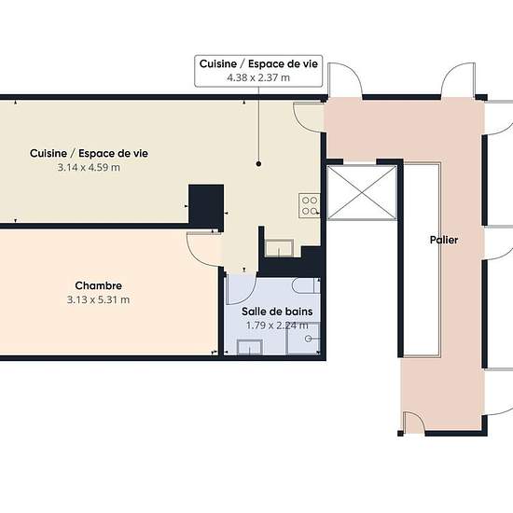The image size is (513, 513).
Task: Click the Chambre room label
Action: pos(99,285)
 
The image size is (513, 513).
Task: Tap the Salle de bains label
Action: pos(277,312)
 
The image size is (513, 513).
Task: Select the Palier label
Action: pos(444,240)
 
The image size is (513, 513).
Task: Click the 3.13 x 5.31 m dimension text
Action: pos(98,299)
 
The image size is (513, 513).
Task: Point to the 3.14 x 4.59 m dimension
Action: pos(89,168)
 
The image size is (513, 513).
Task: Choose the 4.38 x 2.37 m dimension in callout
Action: pos(258,77)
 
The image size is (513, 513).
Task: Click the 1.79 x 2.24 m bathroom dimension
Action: pos(277,326)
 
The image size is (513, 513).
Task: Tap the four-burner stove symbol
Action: pos(309,205)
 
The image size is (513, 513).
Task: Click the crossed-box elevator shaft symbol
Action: pos(362,192)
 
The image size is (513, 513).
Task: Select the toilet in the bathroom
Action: pos(306,285)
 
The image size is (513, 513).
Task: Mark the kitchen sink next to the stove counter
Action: pos(279,248)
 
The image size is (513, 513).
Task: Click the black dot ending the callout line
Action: pos(258,163)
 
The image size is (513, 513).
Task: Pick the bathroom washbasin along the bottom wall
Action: pos(250,347)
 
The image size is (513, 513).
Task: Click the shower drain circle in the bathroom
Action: pos(308,339)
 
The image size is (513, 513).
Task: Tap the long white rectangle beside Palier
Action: pos(422,260)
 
